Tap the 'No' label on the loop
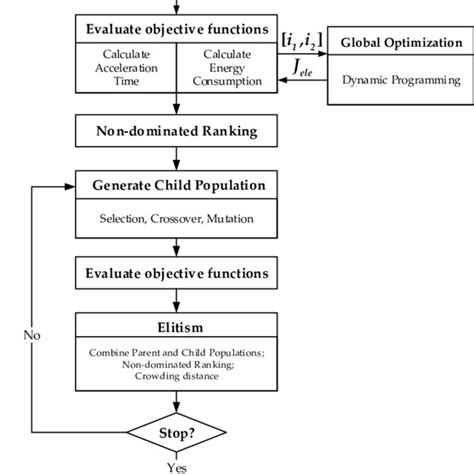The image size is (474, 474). point(33,335)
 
